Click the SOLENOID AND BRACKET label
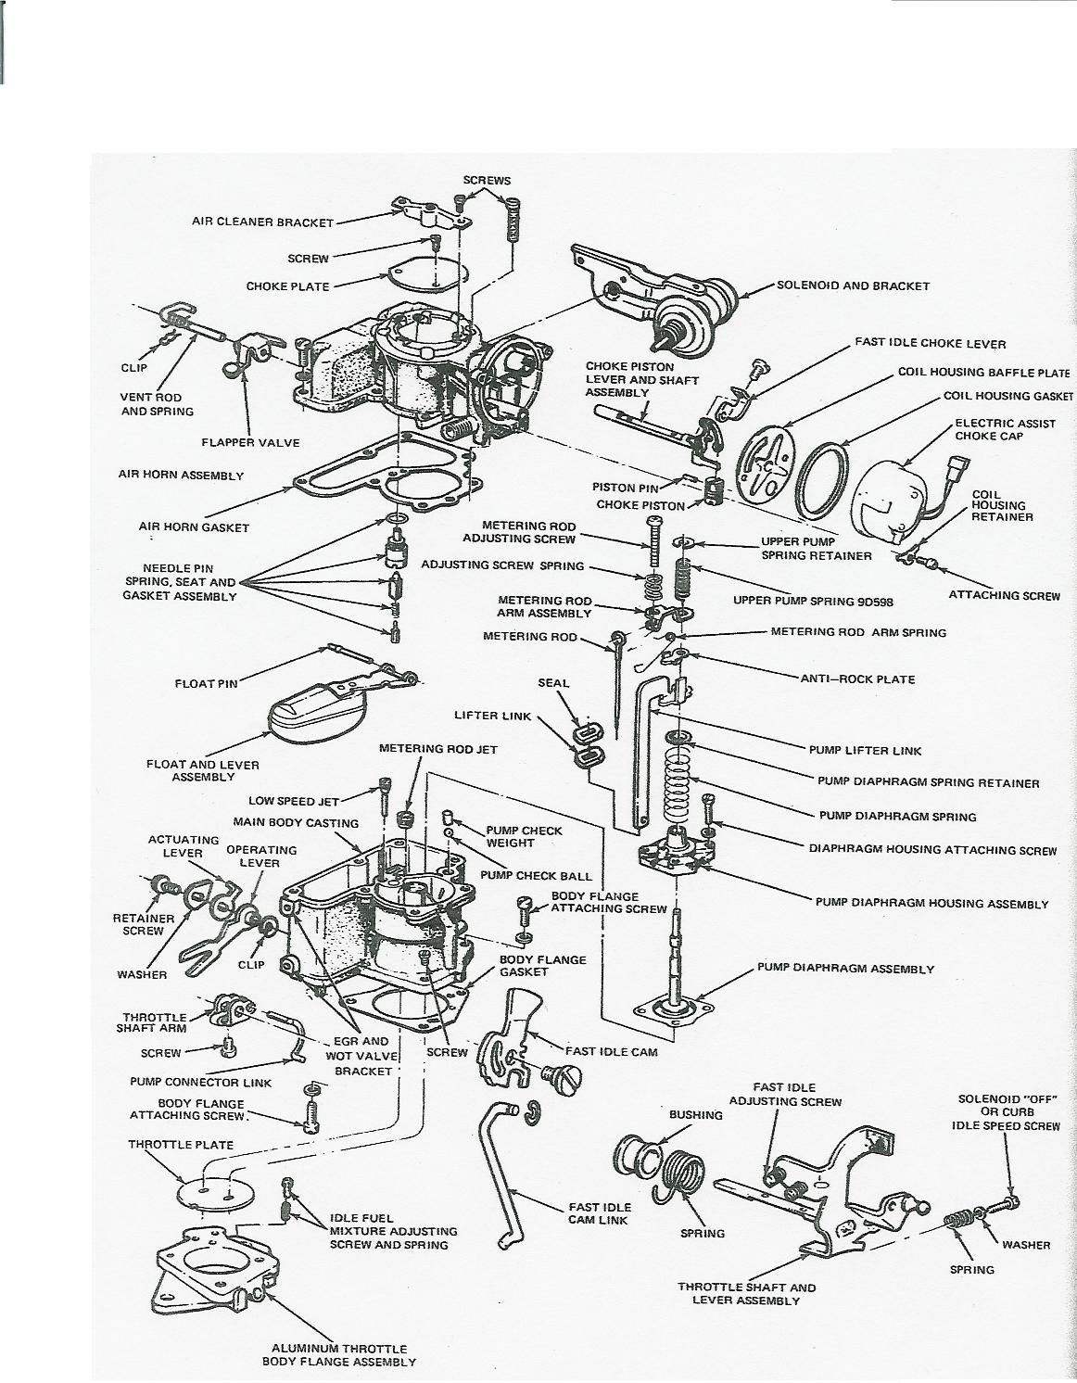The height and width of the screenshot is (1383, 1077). (852, 285)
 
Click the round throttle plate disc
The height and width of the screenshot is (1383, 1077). (209, 1184)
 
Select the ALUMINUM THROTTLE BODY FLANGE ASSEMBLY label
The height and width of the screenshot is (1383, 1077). (338, 1355)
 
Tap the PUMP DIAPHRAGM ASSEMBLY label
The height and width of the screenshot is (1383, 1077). (845, 969)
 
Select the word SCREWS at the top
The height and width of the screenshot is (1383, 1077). (487, 180)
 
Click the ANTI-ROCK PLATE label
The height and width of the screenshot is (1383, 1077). (857, 679)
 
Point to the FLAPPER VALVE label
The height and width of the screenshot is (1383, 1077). (250, 442)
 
